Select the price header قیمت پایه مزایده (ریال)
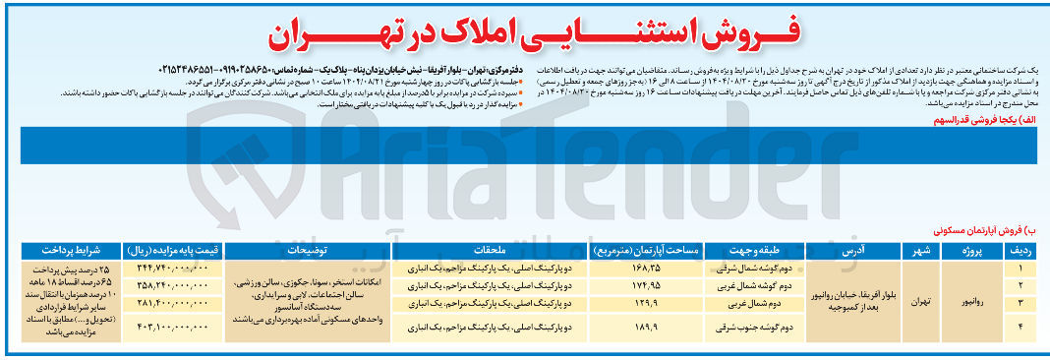tap(176, 251)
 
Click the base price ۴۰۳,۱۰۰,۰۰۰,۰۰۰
tap(176, 326)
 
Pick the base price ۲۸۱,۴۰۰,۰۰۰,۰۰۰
tap(176, 303)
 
